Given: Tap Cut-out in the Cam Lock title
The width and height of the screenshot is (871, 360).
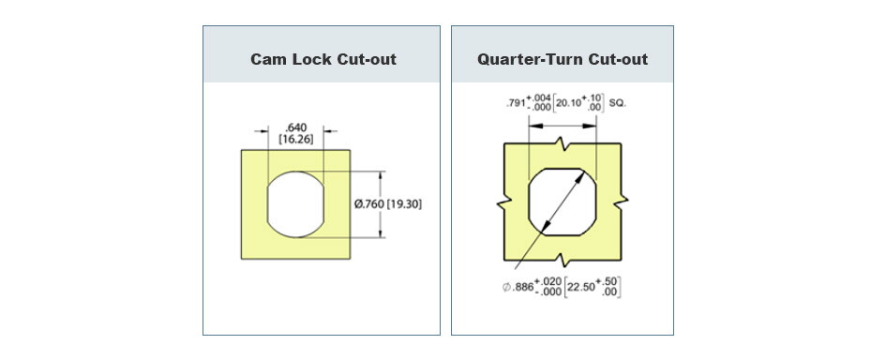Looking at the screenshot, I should (365, 60).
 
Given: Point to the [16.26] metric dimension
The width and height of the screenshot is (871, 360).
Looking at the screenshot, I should (295, 139).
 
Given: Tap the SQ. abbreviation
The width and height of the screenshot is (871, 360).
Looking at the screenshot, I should (618, 101).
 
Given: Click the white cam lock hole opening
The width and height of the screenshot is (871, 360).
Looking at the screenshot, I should (295, 203).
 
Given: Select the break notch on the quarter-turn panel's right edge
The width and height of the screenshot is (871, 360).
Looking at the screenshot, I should (622, 202).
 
